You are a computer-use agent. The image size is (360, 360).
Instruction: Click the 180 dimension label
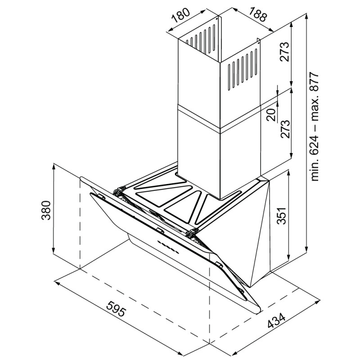181,15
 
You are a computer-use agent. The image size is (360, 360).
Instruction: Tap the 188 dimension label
258,14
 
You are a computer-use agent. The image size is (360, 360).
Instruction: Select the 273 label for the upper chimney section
284,52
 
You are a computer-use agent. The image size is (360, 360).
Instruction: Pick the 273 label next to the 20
284,129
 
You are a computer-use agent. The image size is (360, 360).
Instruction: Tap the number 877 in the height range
314,82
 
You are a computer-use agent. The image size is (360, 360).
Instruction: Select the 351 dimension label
282,216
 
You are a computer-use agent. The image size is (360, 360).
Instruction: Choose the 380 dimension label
46,210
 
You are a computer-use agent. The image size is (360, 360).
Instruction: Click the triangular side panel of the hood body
241,232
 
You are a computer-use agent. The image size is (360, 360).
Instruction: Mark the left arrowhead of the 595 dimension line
57,282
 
